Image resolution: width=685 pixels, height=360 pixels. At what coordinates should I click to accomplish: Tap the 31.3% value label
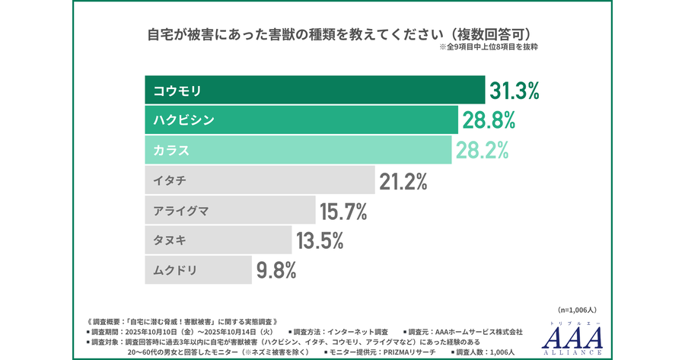point(514,91)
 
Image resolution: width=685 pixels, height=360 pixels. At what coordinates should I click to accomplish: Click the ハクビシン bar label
point(183,120)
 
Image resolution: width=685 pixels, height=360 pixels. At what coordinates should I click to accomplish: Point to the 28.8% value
point(488,120)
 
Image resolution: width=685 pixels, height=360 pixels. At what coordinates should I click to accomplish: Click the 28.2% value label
point(483,150)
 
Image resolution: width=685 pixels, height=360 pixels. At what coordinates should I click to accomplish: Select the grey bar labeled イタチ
point(259,180)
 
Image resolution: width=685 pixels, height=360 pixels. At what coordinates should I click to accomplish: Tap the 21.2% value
point(402,180)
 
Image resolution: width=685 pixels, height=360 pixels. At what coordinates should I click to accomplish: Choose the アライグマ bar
point(229,210)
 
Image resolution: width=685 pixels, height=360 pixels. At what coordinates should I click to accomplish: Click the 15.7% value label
point(343,210)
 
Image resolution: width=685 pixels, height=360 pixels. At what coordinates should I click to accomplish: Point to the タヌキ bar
point(218,241)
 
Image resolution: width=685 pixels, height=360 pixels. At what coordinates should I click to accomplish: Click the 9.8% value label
point(276,270)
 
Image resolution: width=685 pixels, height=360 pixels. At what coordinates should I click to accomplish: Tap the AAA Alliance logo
point(575,337)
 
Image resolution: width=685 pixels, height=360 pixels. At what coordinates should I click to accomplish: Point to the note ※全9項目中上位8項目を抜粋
point(489,47)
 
